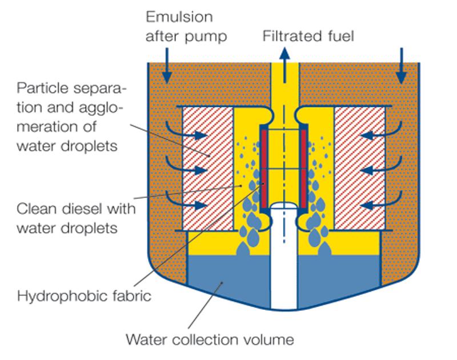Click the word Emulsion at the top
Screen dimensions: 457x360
coord(179,17)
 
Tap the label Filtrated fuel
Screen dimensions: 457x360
coord(308,36)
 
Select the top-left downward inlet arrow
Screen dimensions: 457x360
coord(167,66)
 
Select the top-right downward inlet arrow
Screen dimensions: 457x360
coord(402,66)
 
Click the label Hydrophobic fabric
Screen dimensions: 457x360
coord(84,296)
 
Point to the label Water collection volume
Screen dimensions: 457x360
coord(210,339)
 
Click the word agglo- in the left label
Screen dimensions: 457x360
coord(101,108)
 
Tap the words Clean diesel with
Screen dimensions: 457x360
coord(76,209)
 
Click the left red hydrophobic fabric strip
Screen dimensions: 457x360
coord(264,168)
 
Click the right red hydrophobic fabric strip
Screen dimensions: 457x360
coord(304,168)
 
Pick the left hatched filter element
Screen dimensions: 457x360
coord(208,168)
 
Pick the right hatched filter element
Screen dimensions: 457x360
coord(360,168)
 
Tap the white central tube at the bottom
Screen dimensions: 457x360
coord(284,257)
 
